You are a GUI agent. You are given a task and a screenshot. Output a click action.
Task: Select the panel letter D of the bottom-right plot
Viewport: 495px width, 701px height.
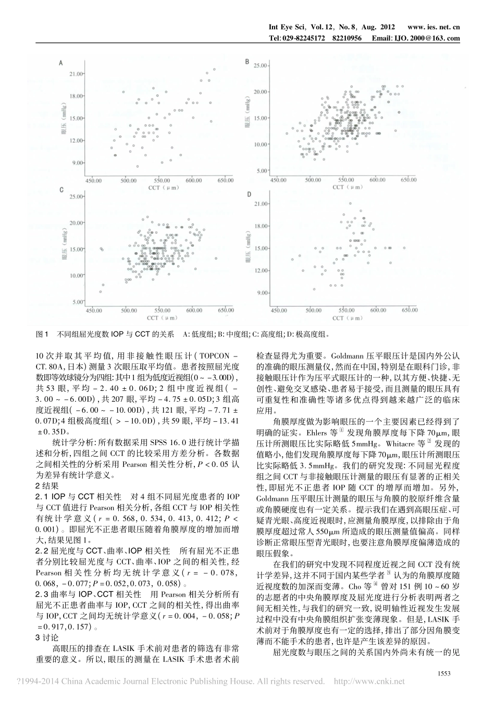pos(249,194)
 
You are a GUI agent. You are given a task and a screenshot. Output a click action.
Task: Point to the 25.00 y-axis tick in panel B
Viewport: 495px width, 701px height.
pos(260,66)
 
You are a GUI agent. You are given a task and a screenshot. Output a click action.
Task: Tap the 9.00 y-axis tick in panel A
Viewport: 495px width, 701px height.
pos(78,163)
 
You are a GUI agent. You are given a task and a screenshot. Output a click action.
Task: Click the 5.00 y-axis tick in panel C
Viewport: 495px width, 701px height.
pos(77,302)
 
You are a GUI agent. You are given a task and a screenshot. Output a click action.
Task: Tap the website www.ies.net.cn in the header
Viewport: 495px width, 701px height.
pos(433,27)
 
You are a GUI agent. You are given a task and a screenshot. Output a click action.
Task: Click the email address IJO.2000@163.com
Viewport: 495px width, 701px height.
pos(431,38)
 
